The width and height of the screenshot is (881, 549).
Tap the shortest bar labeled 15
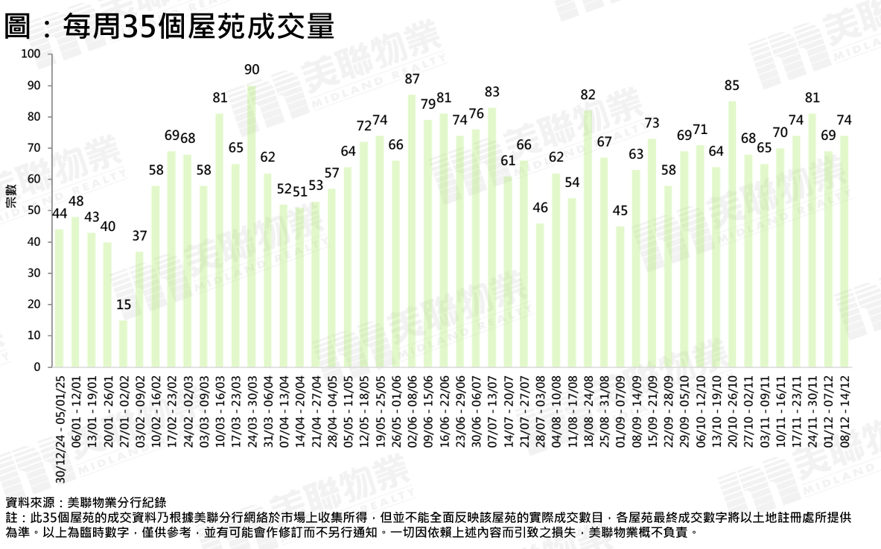124,343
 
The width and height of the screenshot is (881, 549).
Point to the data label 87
412,79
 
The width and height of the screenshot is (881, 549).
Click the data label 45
620,211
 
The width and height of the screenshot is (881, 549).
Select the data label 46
540,208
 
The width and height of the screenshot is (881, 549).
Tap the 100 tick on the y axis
31,54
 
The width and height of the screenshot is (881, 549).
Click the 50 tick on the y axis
34,211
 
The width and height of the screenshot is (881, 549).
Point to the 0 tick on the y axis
36,367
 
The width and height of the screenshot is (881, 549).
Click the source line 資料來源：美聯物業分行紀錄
86,501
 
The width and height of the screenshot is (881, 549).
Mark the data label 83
492,92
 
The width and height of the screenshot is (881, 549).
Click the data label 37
140,236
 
